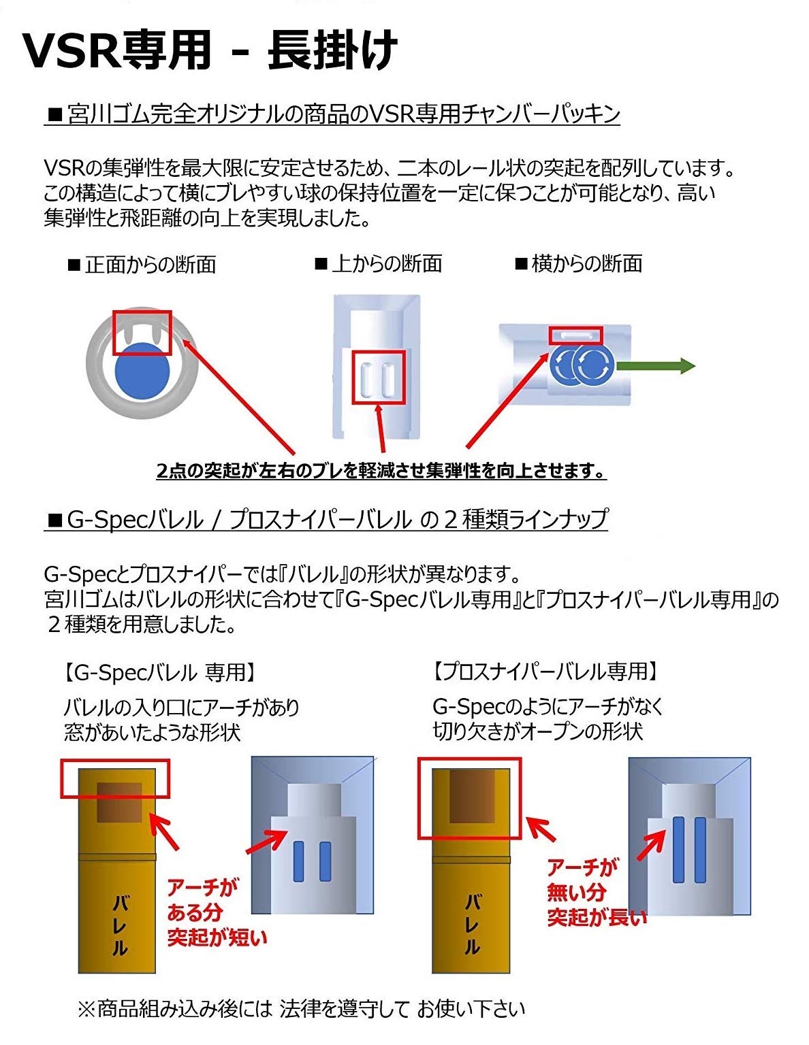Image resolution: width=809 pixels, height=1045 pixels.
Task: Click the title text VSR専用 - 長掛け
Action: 210,50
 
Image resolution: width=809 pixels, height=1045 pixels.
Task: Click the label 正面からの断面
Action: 143,265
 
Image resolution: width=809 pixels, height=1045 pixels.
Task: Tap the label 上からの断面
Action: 379,263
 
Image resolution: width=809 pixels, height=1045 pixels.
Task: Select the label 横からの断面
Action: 580,263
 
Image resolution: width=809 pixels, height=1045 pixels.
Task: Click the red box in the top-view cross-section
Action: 378,377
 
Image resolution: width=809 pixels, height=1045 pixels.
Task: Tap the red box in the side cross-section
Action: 575,335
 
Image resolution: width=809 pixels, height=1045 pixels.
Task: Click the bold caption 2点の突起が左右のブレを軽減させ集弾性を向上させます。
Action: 381,470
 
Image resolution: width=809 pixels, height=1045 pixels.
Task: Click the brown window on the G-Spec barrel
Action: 119,802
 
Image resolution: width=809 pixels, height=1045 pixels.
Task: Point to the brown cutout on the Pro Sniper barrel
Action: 472,797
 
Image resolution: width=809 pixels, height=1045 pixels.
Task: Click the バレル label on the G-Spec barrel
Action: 119,926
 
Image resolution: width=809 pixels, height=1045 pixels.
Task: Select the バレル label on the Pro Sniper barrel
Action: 472,924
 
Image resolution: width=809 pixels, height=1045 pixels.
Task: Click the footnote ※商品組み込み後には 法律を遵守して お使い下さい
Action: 301,1008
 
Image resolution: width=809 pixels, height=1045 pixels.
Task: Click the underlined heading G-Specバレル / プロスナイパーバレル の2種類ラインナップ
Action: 327,520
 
